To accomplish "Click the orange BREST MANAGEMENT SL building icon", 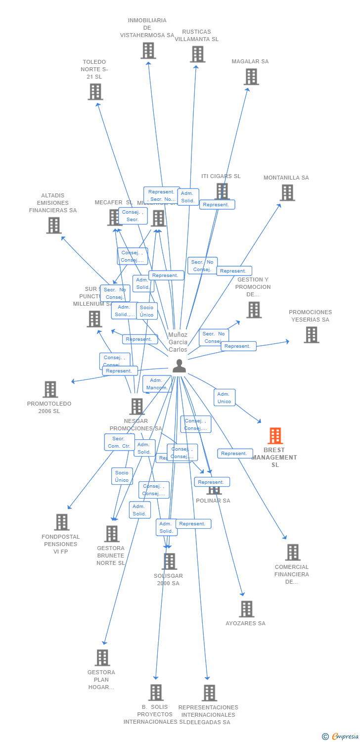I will pos(275,436).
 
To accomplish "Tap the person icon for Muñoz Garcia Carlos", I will pos(179,366).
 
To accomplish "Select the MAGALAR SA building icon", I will pos(251,77).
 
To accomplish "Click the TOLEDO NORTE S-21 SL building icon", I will pos(95,92).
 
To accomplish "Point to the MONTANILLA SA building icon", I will pos(287,192).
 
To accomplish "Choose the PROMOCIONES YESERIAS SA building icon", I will pos(311,335).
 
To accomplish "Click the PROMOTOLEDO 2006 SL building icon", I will pos(50,389).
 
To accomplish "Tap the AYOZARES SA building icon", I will pos(246,609).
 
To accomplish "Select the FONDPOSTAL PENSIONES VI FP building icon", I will pos(62,522).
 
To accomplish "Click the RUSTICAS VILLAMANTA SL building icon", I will pos(197,54).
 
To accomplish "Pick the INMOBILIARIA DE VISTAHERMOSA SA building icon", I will pos(148,50).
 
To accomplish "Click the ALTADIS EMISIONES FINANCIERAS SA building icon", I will pos(54,225).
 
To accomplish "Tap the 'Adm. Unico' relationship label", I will pos(225,398).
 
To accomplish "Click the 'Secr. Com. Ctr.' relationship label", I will pos(119,442).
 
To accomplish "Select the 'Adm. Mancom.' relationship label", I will pos(157,384).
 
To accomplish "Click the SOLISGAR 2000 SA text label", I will pos(168,579).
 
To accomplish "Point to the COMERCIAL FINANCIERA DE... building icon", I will pos(293,552).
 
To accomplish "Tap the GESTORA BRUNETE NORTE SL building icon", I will pos(112,534).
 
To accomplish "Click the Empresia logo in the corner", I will pos(341,736).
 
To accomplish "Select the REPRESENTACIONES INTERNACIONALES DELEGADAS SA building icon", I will pos(209,693).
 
